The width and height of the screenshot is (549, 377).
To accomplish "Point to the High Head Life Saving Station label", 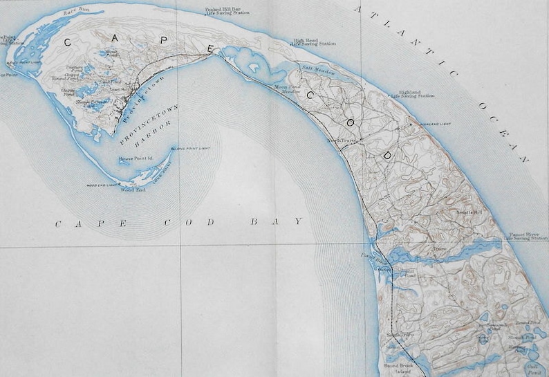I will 314,43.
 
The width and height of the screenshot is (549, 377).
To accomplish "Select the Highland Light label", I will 436,124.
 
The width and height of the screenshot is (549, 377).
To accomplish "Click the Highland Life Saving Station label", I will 413,94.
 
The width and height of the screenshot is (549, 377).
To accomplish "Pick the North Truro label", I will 341,140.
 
